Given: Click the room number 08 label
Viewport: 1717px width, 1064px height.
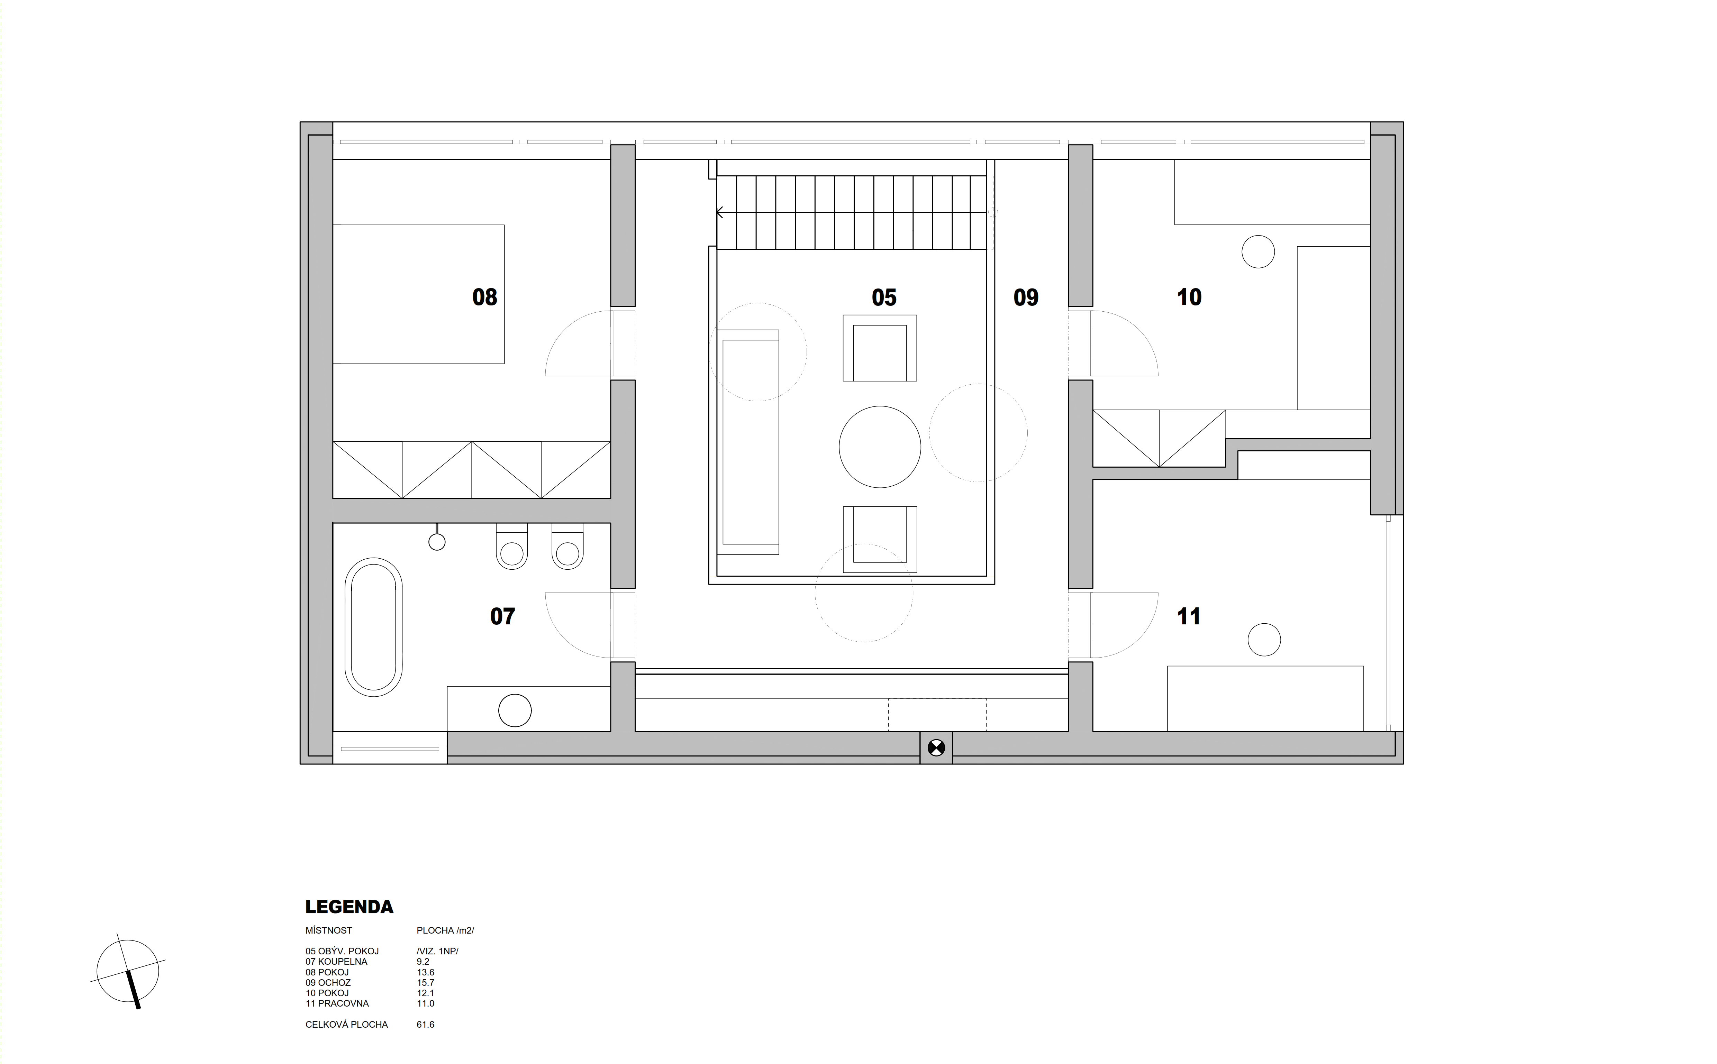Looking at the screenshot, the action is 484,297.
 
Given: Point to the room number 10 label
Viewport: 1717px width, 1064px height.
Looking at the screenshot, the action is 1189,297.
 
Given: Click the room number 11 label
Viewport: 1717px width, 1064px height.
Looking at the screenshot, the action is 1189,616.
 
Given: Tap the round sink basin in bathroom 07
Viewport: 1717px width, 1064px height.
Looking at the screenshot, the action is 515,711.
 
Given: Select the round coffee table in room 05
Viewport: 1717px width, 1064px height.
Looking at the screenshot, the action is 880,447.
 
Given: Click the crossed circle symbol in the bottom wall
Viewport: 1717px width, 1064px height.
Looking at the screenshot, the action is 936,748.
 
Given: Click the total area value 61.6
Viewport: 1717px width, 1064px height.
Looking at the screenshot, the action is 425,1025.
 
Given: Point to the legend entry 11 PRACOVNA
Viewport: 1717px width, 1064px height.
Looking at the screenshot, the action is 337,1003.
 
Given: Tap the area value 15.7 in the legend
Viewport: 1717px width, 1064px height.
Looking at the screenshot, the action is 425,982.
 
